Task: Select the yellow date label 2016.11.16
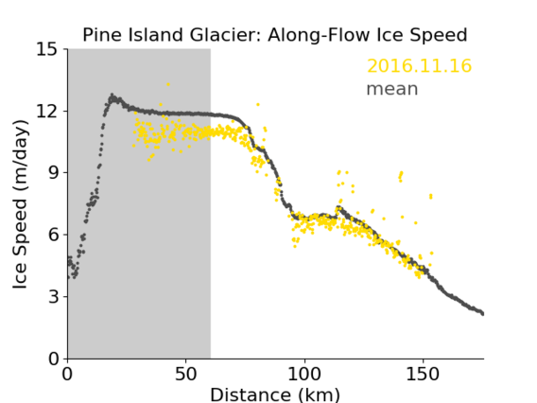(x=419, y=65)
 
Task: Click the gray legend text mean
(x=392, y=89)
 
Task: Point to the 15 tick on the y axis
(x=47, y=49)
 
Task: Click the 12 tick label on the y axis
(x=47, y=111)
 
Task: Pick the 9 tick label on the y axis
(x=53, y=173)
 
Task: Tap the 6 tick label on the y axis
(x=53, y=235)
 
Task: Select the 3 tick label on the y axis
(x=53, y=296)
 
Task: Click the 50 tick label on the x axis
(x=185, y=374)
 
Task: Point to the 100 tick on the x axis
(x=304, y=374)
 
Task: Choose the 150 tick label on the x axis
(x=423, y=374)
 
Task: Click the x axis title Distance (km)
(x=275, y=395)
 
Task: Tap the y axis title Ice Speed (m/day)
(x=20, y=204)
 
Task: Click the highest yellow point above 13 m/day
(x=168, y=84)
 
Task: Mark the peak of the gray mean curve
(x=112, y=95)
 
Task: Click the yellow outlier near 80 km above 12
(x=258, y=104)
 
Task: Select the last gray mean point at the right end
(x=482, y=313)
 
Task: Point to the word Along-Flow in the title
(x=320, y=36)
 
